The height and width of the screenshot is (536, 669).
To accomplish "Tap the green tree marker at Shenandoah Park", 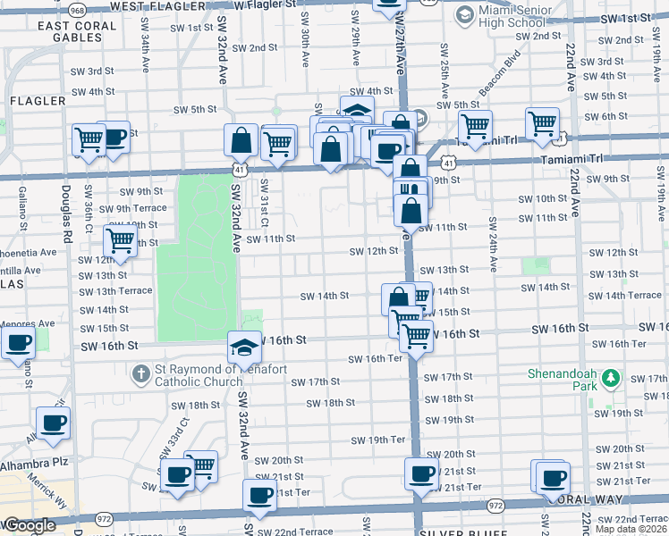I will [612, 379].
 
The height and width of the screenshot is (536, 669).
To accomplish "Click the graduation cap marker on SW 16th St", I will [244, 346].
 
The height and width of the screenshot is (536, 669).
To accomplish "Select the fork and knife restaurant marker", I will [411, 191].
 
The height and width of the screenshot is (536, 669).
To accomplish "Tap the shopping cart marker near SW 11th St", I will [120, 239].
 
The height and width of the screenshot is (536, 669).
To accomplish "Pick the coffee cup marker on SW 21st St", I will [420, 473].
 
